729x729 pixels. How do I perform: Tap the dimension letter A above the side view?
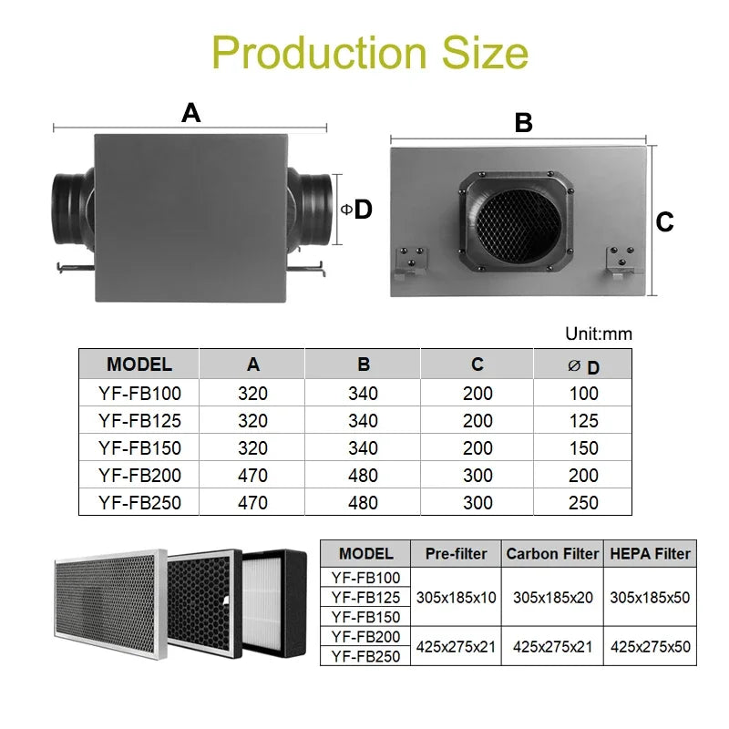pyautogui.click(x=190, y=113)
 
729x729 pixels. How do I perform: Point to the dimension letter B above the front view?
pyautogui.click(x=523, y=123)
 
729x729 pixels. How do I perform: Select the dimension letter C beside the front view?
pyautogui.click(x=665, y=221)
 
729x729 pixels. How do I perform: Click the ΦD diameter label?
pyautogui.click(x=357, y=210)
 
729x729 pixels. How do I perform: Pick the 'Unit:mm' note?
pyautogui.click(x=598, y=334)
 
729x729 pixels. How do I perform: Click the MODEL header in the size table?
pyautogui.click(x=139, y=364)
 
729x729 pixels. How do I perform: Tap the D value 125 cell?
pyautogui.click(x=583, y=421)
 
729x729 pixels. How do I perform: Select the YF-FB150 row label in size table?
pyautogui.click(x=139, y=448)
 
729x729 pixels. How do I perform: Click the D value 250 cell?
pyautogui.click(x=583, y=503)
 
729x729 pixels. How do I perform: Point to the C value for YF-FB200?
pyautogui.click(x=477, y=476)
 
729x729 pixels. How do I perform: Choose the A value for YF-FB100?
pyautogui.click(x=252, y=394)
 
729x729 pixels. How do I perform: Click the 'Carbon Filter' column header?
pyautogui.click(x=552, y=553)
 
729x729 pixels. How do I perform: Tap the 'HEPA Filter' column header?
pyautogui.click(x=651, y=553)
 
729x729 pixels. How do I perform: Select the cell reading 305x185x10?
pyautogui.click(x=457, y=598)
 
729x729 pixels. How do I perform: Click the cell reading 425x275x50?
pyautogui.click(x=651, y=646)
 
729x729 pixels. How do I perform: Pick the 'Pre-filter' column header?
pyautogui.click(x=457, y=553)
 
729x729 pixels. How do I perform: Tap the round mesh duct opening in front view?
pyautogui.click(x=515, y=222)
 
